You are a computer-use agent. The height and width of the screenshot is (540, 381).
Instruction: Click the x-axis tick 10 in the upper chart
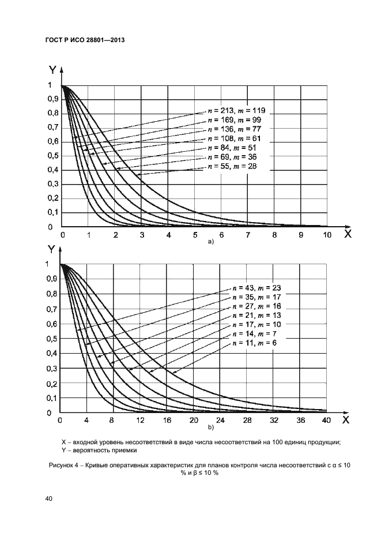tap(327, 235)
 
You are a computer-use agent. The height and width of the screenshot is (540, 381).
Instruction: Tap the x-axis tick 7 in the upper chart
tap(247, 235)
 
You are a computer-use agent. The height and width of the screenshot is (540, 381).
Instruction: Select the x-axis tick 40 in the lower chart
tap(326, 421)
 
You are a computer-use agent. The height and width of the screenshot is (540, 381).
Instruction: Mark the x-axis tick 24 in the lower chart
tap(220, 421)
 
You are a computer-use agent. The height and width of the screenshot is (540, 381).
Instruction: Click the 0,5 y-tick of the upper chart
tap(52, 156)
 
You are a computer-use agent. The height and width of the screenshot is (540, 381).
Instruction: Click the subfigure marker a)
tap(211, 242)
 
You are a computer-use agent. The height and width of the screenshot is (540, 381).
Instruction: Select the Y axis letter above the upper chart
tap(53, 72)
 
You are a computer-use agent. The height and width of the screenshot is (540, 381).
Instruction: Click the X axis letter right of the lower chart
tap(346, 421)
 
